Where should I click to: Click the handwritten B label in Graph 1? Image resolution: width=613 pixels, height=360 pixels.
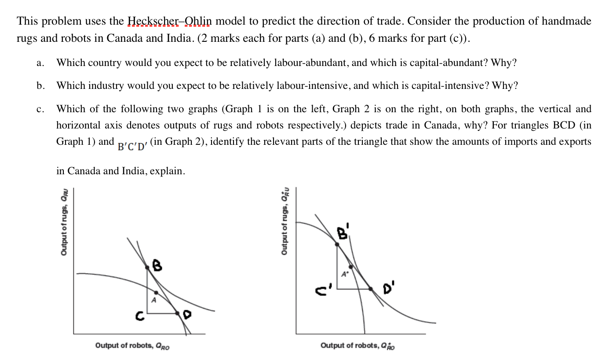point(156,265)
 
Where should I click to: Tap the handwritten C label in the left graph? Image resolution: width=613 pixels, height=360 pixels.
point(139,316)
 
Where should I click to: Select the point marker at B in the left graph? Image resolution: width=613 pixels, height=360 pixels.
point(147,267)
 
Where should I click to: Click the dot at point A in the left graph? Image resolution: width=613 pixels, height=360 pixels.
point(156,292)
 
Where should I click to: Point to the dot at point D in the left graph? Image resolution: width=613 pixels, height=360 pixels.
point(178,313)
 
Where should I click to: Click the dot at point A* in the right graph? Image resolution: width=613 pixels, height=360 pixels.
point(350,267)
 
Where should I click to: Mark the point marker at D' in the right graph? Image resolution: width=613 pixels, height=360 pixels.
point(371,289)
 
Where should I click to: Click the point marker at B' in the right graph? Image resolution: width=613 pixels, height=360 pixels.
point(337,243)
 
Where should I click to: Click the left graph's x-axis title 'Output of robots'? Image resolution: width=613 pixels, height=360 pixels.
point(132,346)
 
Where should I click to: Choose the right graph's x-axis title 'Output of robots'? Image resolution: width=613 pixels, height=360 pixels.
point(358,346)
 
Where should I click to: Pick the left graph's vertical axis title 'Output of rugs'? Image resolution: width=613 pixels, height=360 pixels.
point(65,222)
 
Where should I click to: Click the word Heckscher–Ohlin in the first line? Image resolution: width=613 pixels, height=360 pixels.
point(170,21)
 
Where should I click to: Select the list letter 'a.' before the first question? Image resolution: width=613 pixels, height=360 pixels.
point(40,63)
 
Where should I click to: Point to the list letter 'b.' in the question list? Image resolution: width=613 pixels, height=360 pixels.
point(40,86)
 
